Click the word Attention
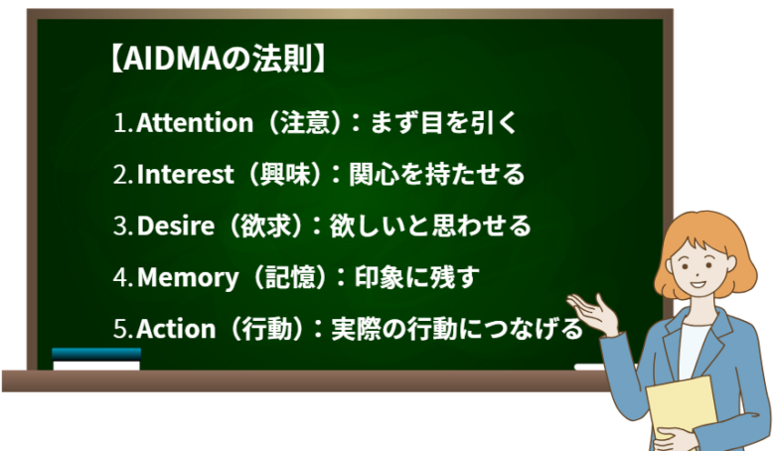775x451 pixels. point(195,123)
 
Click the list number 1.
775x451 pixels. point(121,124)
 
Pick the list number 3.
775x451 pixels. point(121,226)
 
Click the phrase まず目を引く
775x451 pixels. point(444,123)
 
